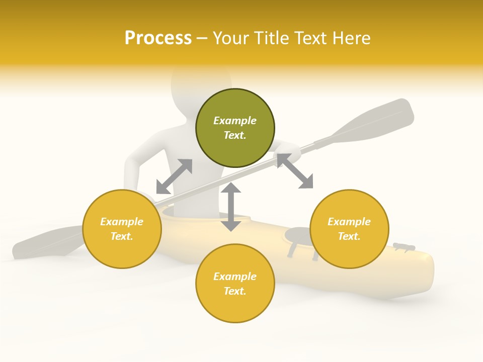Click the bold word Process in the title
pyautogui.click(x=158, y=38)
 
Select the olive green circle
pyautogui.click(x=235, y=128)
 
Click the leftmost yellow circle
pyautogui.click(x=122, y=229)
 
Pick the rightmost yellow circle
pyautogui.click(x=349, y=229)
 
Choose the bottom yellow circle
pyautogui.click(x=235, y=284)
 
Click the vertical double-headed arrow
pyautogui.click(x=231, y=207)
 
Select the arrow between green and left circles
pyautogui.click(x=174, y=176)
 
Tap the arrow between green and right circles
pyautogui.click(x=295, y=171)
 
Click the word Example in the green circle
pyautogui.click(x=235, y=121)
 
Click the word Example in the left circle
pyautogui.click(x=122, y=222)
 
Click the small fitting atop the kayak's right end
pyautogui.click(x=404, y=246)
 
